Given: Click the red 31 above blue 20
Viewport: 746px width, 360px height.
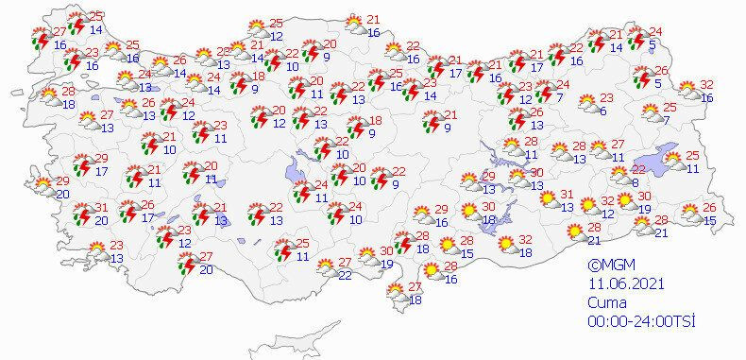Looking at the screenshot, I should (101, 208).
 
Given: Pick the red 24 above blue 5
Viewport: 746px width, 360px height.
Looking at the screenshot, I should (656, 32).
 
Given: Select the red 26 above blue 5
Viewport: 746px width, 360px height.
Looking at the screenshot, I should (661, 71).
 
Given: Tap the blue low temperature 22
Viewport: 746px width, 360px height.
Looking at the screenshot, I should (346, 274).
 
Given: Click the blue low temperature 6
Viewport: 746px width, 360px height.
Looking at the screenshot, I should (602, 111).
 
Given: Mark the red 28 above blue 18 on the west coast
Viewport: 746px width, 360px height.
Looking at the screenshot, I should (68, 91).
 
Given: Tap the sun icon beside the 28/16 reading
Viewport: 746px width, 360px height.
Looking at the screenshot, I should (432, 272).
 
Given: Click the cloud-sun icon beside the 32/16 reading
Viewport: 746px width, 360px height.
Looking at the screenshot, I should (687, 92).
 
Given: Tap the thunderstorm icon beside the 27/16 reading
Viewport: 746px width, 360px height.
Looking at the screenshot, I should (41, 39).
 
